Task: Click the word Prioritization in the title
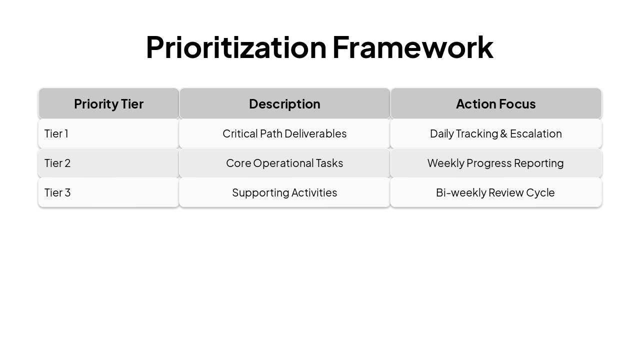236,47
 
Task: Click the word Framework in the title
412,47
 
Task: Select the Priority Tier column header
108,104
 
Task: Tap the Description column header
284,104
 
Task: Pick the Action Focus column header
495,104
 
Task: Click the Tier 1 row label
56,133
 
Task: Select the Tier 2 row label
57,163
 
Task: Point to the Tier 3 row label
57,192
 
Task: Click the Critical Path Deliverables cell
284,133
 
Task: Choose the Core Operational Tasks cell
284,163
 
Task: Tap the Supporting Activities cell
284,192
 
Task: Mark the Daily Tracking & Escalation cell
495,133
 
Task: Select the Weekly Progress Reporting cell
495,163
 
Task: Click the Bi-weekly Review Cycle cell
495,192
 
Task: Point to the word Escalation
535,133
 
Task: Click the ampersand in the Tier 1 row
503,133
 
